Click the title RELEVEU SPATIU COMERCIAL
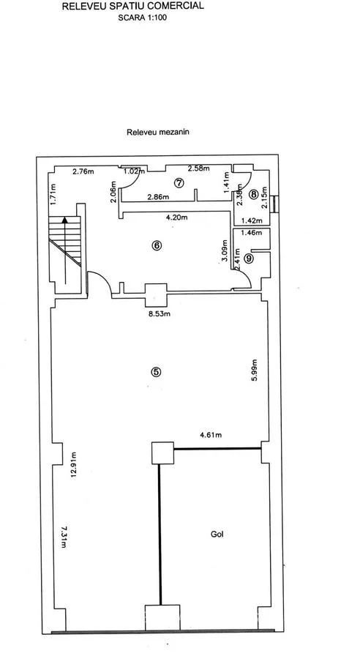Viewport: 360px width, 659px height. (133, 6)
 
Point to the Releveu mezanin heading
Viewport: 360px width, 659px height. (158, 132)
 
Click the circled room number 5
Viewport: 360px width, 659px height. (156, 371)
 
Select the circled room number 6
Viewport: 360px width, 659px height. (157, 246)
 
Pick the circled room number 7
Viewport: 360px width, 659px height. (179, 182)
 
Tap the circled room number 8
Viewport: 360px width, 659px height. (253, 194)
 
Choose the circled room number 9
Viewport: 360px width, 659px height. (249, 259)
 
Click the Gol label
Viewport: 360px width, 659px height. (217, 535)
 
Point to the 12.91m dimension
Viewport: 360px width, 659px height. (74, 465)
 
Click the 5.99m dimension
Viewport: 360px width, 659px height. (253, 371)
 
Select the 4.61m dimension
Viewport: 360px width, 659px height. (210, 435)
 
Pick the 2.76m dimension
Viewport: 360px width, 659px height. (83, 171)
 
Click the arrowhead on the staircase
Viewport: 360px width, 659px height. (64, 219)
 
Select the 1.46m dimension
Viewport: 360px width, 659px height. (251, 232)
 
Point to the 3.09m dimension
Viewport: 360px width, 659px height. (225, 251)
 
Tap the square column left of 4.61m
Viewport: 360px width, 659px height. (163, 453)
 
